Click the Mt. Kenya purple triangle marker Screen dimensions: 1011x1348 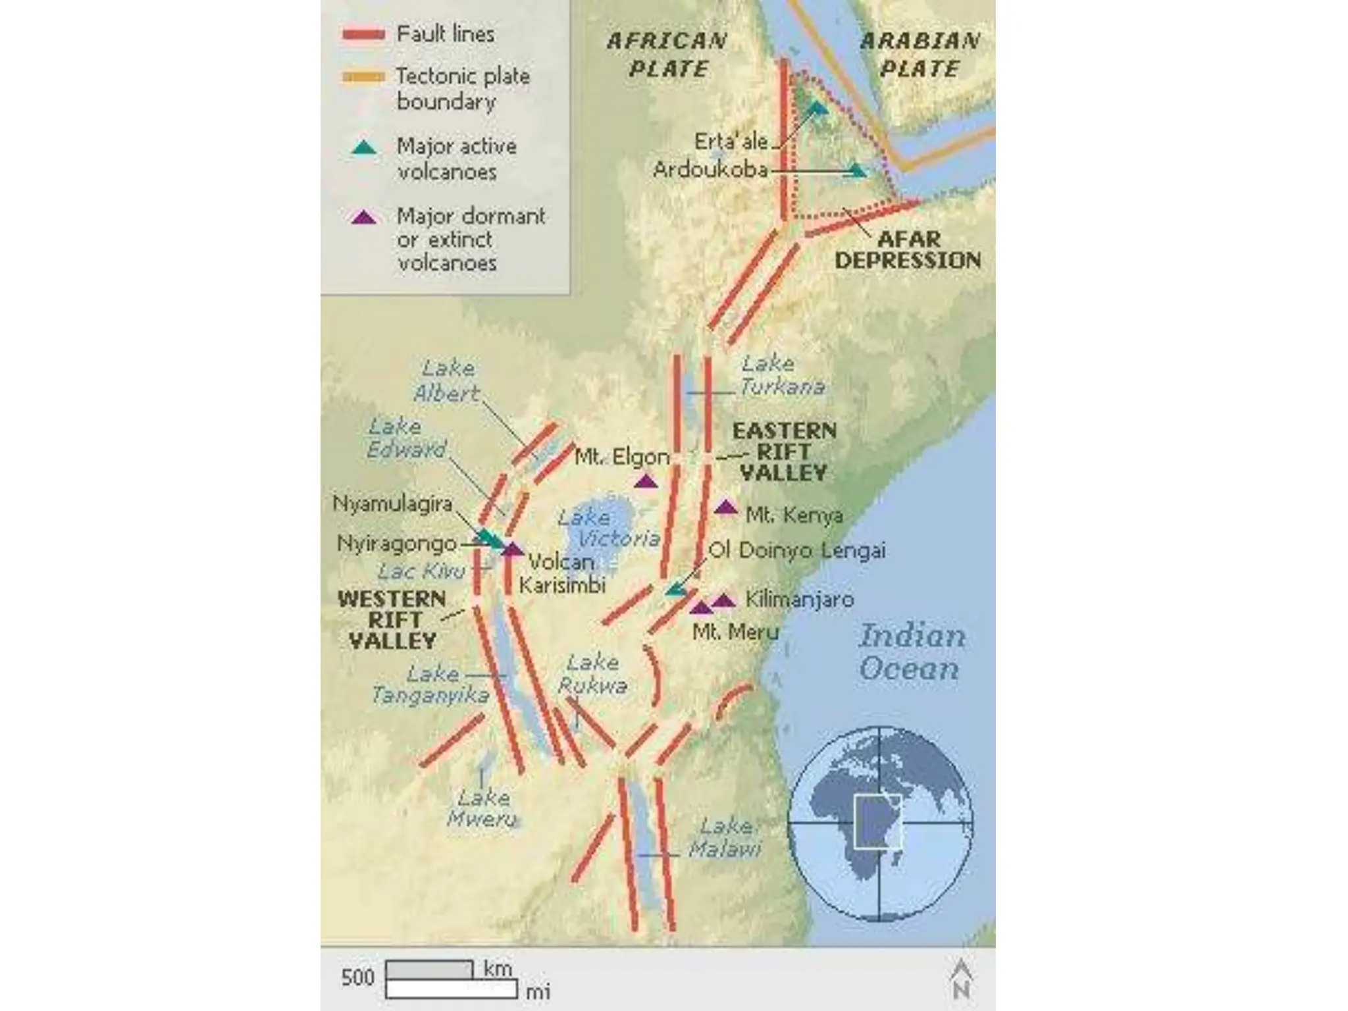(725, 507)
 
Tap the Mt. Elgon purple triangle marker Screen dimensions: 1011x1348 (646, 481)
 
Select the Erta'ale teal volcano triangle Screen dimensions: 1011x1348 (817, 107)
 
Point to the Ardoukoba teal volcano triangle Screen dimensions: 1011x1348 (856, 170)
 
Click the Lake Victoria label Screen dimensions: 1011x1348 (608, 528)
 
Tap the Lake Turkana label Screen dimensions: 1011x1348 (781, 375)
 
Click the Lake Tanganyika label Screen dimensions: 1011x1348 (430, 685)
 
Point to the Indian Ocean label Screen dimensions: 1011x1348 (912, 652)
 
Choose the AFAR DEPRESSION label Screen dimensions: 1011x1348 (908, 249)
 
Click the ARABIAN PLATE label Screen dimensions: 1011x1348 (920, 55)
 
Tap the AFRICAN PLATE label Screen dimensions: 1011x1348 (667, 55)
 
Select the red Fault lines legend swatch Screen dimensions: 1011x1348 (363, 35)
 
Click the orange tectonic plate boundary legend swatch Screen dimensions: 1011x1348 (363, 78)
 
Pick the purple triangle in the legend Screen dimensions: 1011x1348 (363, 217)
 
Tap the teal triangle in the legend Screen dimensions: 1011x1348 (363, 147)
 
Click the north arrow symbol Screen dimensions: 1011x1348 (961, 978)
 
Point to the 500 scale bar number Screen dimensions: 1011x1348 (357, 977)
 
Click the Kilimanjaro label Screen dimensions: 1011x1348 (799, 600)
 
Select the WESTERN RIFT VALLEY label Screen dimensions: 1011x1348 (392, 620)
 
